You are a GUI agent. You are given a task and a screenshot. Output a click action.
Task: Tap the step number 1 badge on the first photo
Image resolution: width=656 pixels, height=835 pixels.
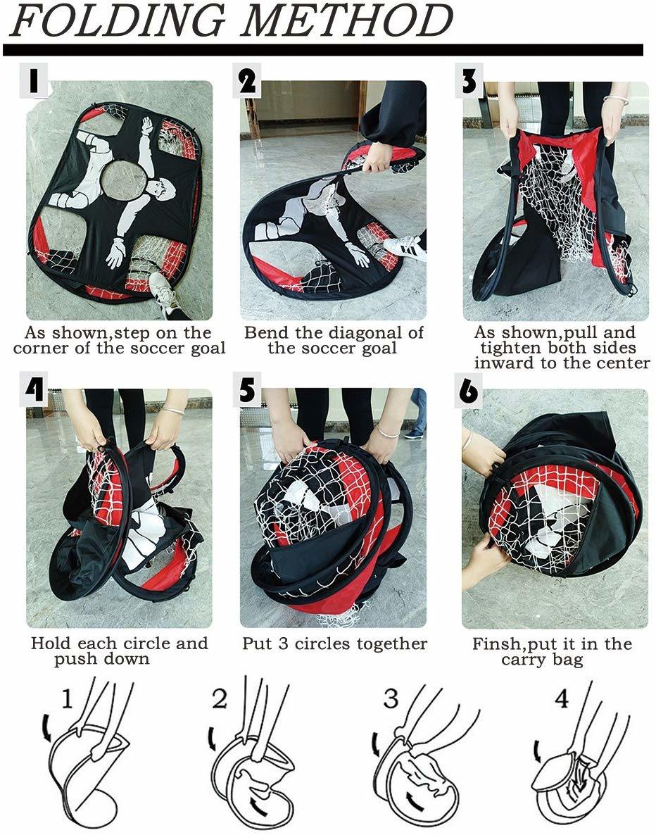click(34, 80)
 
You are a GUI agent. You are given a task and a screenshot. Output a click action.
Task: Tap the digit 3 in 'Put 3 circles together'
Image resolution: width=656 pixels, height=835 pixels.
click(284, 643)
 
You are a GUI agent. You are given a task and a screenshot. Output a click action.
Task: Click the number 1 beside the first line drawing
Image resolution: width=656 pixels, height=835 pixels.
click(67, 699)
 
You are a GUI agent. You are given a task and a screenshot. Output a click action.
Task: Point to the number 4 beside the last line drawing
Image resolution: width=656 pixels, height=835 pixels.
click(562, 698)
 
